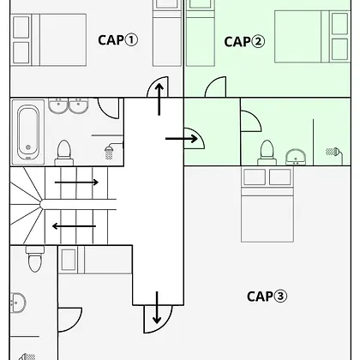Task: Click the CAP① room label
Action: tap(117, 40)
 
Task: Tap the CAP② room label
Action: tap(244, 42)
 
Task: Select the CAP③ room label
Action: tap(267, 297)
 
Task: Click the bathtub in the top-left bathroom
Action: tap(28, 132)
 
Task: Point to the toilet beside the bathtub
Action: tap(64, 153)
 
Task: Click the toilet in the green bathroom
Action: tap(267, 153)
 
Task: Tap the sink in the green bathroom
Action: tap(296, 157)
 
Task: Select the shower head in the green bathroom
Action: tap(333, 153)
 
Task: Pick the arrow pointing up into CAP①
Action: tap(159, 99)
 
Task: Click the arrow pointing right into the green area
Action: tap(182, 139)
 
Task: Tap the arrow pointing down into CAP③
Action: tap(157, 308)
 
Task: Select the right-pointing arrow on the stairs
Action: tap(76, 183)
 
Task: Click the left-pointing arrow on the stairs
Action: tap(74, 226)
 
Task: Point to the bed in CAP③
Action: tap(267, 204)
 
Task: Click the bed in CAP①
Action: tap(49, 40)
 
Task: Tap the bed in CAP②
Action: tap(312, 37)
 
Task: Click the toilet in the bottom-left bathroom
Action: tap(35, 259)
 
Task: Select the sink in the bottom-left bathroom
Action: tap(18, 303)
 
